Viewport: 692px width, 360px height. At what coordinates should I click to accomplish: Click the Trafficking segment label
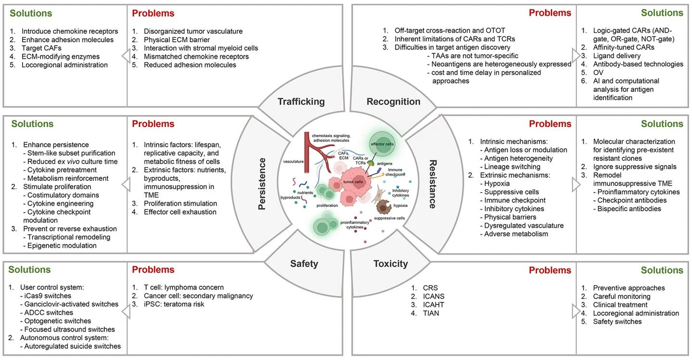[x=301, y=102]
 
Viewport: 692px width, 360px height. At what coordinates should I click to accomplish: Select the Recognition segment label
[x=393, y=102]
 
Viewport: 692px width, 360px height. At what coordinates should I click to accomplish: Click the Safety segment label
[x=304, y=263]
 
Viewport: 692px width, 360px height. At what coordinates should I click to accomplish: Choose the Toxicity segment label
[x=390, y=263]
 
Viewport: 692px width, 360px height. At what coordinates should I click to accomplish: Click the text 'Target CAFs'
[x=42, y=48]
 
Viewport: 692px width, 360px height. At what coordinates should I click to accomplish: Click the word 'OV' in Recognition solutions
[x=599, y=72]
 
